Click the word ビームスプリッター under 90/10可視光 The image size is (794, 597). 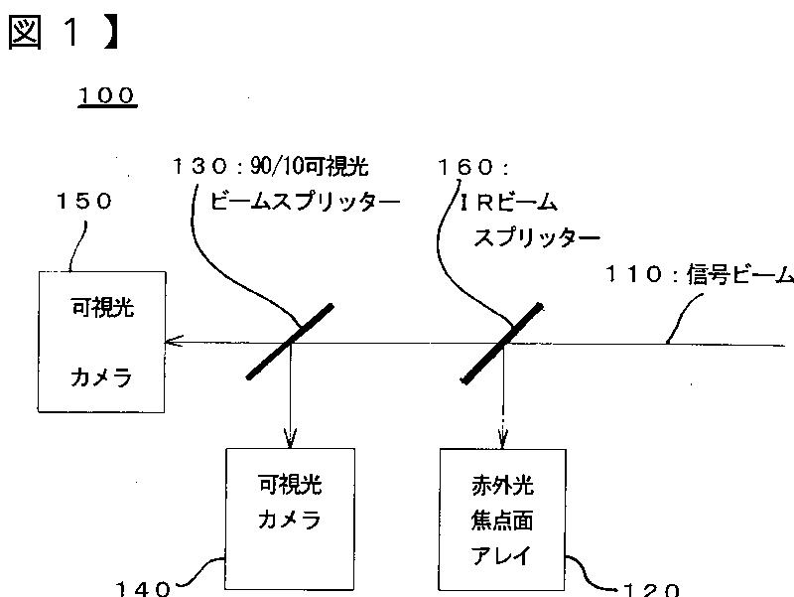pos(305,202)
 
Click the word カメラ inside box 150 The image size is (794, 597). pos(100,376)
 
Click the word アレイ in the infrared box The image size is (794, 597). pos(502,555)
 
